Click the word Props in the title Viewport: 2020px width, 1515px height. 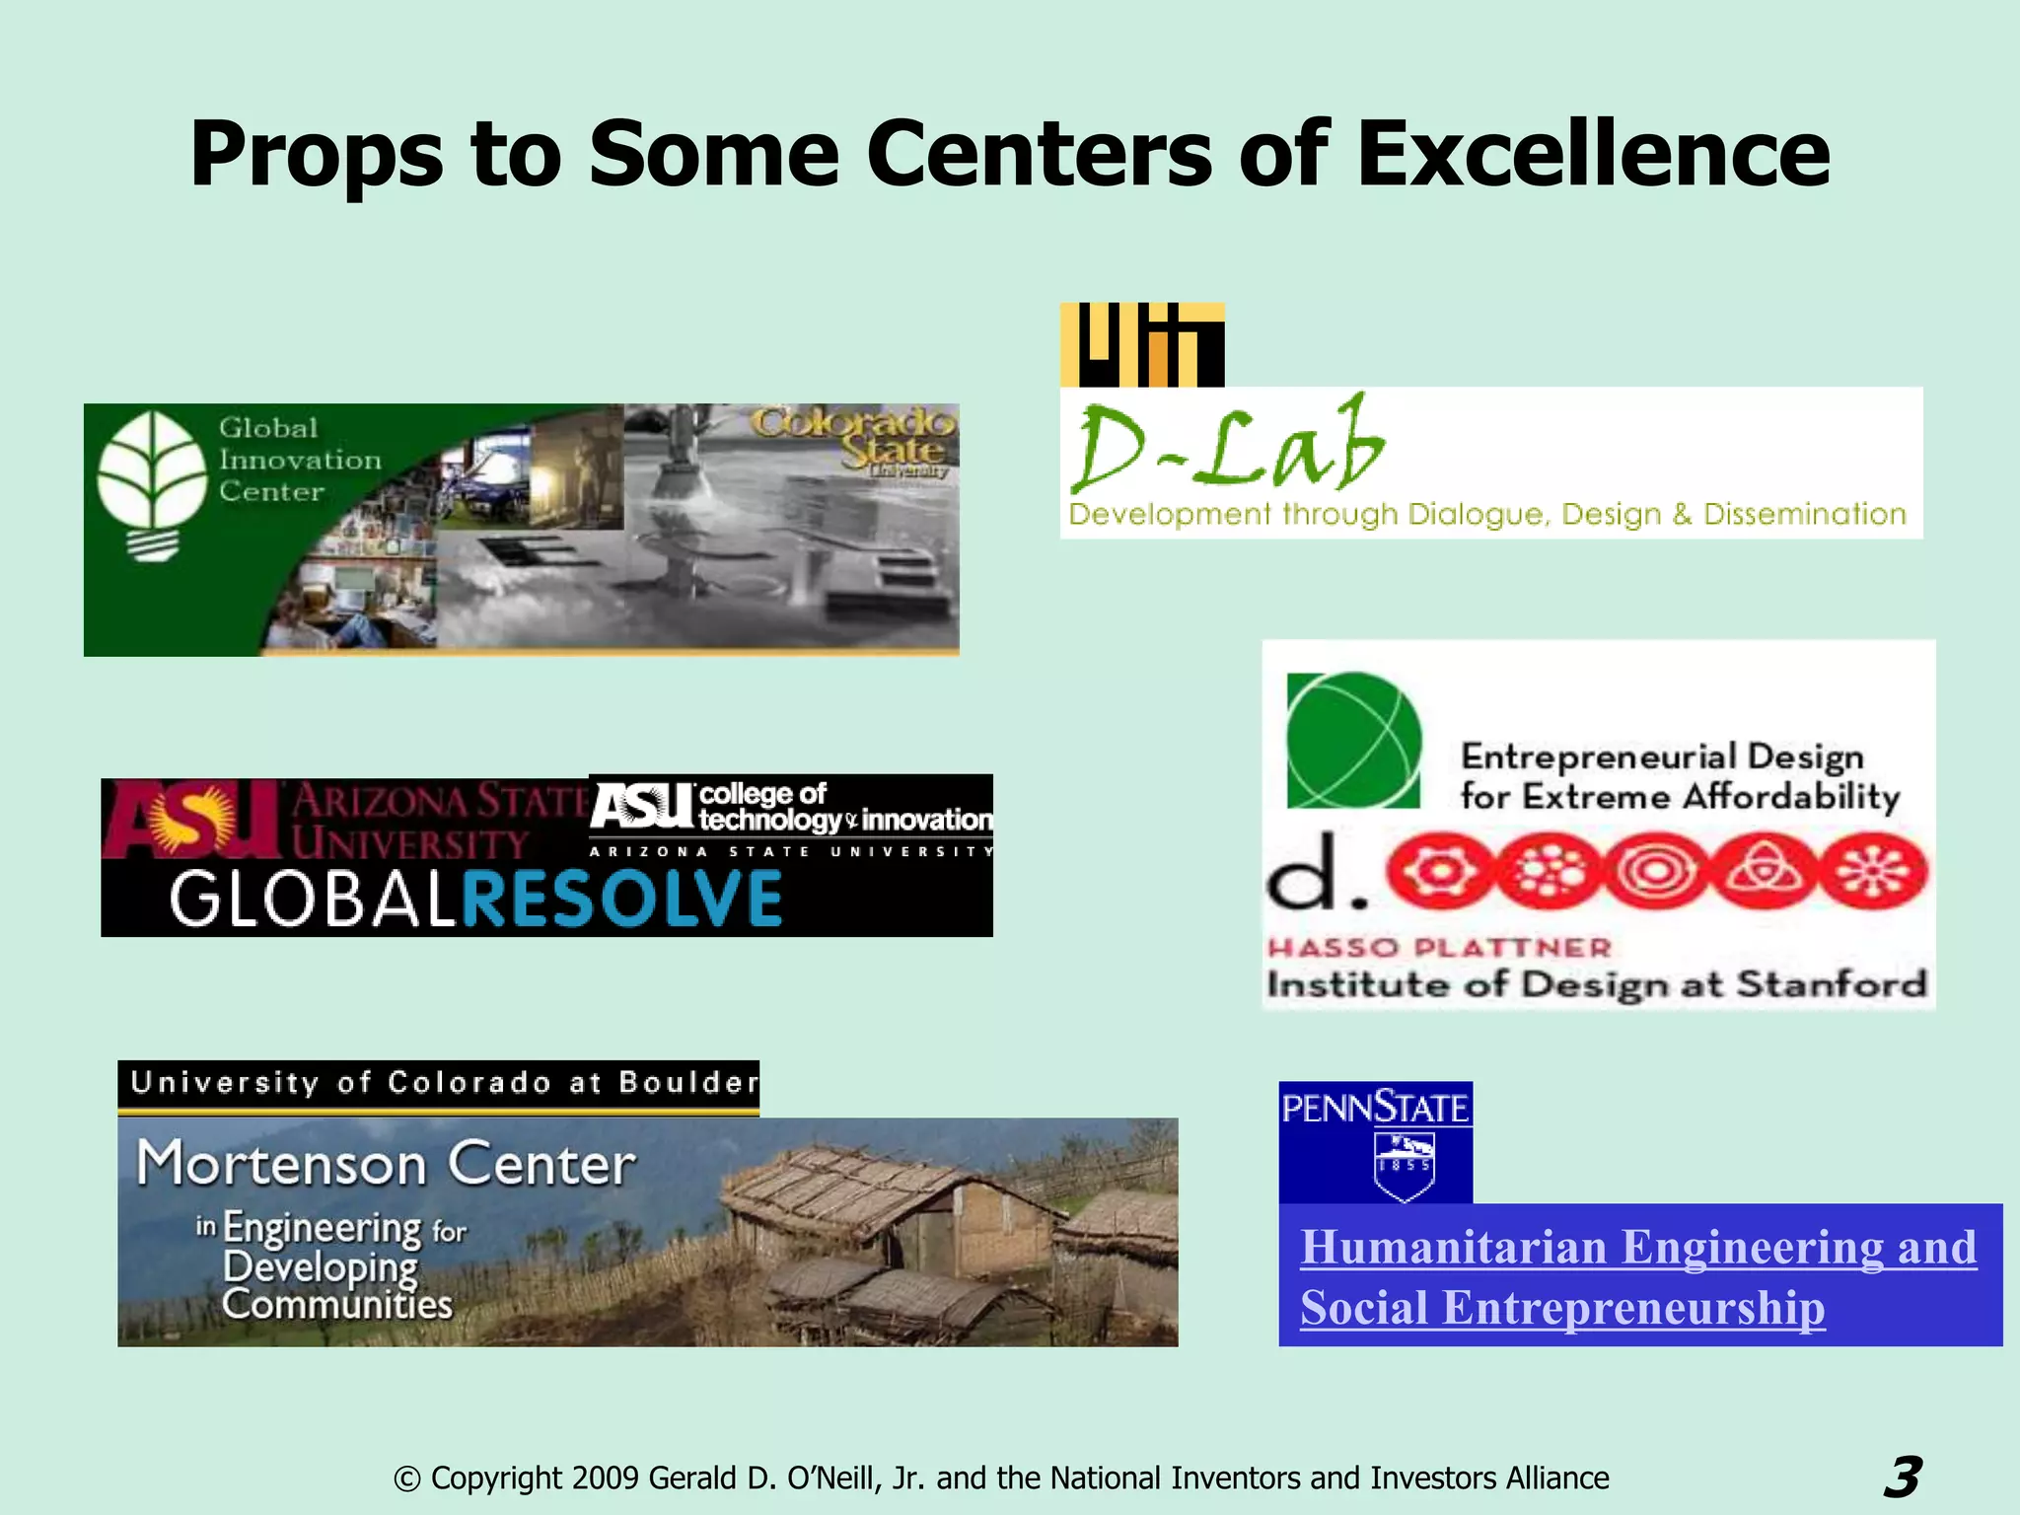[x=318, y=156]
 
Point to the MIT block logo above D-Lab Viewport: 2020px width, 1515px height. [x=1142, y=345]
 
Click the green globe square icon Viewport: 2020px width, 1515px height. [x=1353, y=741]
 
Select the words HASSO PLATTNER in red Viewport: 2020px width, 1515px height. [x=1439, y=948]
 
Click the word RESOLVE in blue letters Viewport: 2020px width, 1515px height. [x=622, y=899]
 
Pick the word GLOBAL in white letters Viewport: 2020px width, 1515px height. [x=312, y=899]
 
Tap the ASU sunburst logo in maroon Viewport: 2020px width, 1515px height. [x=192, y=818]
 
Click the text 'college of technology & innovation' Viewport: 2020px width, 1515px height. [x=844, y=808]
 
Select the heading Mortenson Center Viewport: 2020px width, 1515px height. [x=386, y=1164]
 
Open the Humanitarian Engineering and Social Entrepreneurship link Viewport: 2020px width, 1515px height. [x=1638, y=1276]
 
